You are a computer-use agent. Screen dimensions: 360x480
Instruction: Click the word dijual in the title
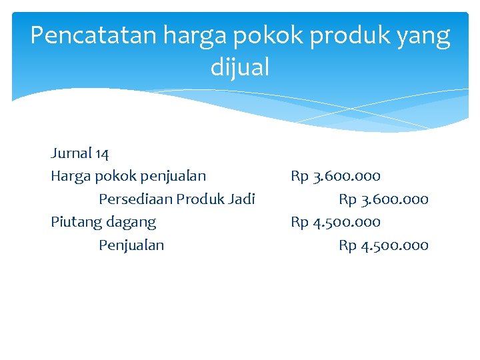[240, 67]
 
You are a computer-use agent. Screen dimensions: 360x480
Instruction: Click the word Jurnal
[71, 153]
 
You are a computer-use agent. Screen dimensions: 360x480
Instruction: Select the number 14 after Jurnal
[102, 153]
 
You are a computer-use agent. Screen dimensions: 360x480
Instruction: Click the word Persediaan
[135, 199]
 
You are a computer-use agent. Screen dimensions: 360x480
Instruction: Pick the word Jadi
[242, 199]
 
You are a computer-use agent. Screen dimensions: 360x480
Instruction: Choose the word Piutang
[74, 222]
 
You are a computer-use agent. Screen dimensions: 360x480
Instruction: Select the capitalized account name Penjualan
[131, 245]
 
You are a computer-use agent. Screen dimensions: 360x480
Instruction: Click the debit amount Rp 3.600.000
[335, 176]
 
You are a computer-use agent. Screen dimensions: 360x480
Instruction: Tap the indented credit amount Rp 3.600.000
[383, 199]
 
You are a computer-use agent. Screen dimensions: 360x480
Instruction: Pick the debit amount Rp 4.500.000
[335, 221]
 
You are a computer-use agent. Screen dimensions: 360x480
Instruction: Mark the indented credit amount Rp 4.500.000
[383, 245]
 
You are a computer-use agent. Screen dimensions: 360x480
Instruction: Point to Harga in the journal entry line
[71, 177]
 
